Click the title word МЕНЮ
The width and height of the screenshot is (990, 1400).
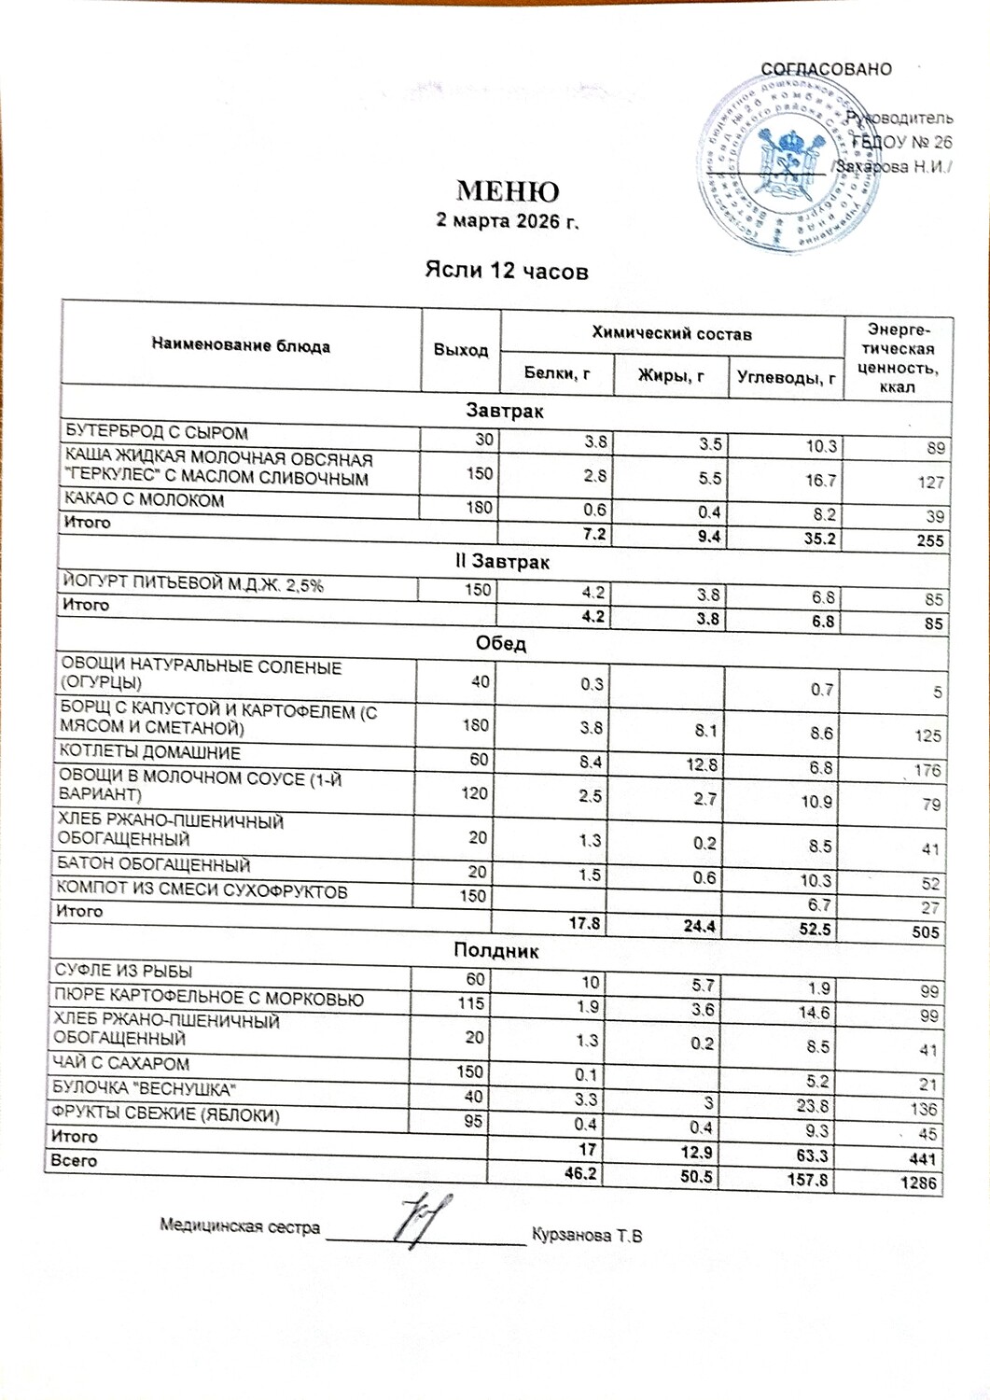(508, 191)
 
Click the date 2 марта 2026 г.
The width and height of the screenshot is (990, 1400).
(508, 222)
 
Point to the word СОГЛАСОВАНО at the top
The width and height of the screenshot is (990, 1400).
(826, 69)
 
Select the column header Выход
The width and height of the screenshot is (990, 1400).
(461, 350)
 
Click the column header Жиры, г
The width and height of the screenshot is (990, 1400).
(670, 375)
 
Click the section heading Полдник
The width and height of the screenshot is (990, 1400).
(495, 950)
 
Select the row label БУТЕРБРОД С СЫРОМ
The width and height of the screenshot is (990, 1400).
(156, 432)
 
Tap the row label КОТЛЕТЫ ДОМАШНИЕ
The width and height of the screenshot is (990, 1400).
(150, 752)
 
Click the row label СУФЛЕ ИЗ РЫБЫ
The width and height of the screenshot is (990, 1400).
(123, 971)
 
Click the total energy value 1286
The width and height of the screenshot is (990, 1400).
(921, 1184)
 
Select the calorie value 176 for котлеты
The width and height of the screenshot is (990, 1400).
(927, 771)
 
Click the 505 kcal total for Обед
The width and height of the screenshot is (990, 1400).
(926, 931)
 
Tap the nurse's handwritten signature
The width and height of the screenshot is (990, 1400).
(423, 1218)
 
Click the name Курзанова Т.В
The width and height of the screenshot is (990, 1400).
(586, 1236)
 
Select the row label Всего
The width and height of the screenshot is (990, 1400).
(74, 1161)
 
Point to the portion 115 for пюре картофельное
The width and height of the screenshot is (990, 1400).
(470, 1003)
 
